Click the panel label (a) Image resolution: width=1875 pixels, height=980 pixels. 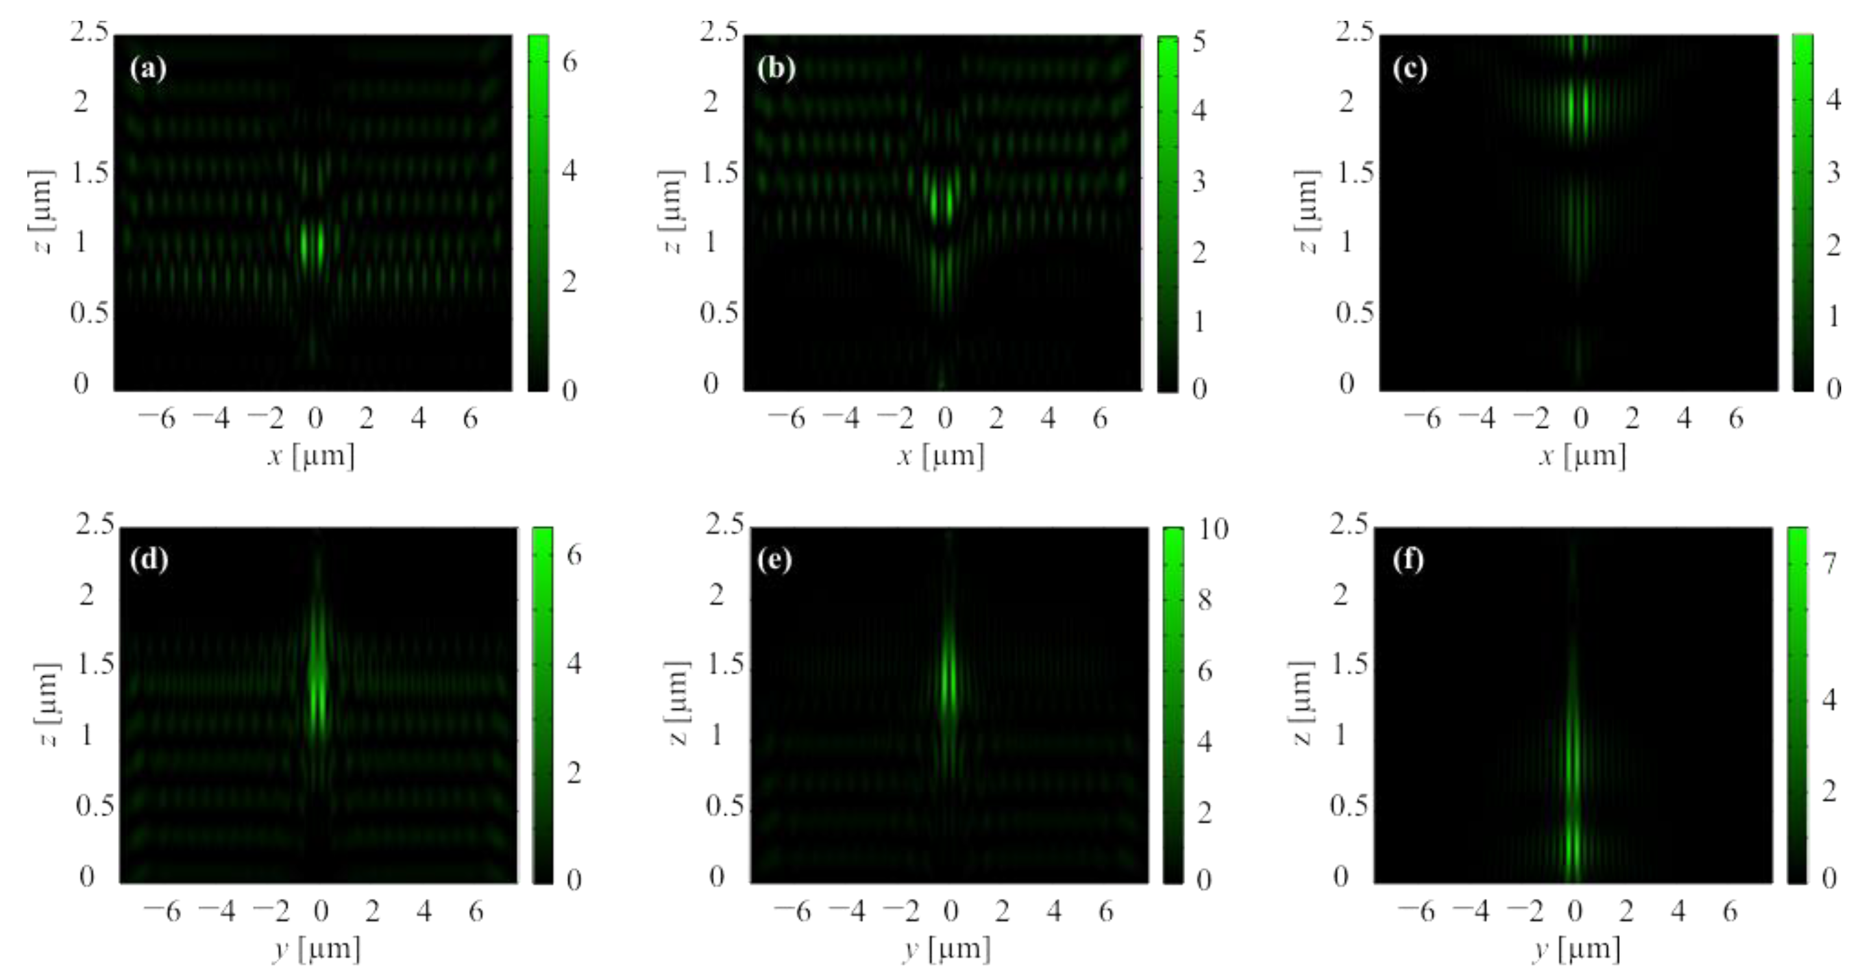coord(148,69)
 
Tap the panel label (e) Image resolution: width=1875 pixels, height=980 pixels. coord(774,560)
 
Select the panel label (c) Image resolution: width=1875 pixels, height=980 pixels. coord(1410,69)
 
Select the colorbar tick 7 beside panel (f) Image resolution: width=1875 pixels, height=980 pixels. coord(1829,563)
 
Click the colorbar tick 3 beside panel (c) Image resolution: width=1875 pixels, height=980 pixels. coord(1833,173)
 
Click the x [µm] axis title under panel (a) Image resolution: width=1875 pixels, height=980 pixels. coord(312,456)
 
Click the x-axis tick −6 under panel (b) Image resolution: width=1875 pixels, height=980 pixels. coord(787,419)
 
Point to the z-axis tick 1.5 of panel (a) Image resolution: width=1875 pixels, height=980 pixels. coord(89,173)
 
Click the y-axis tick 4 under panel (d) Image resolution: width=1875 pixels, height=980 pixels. coord(424,911)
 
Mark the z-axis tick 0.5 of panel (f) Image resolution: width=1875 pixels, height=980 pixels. coord(1348,806)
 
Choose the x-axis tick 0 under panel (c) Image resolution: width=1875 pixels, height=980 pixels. coord(1580,419)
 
